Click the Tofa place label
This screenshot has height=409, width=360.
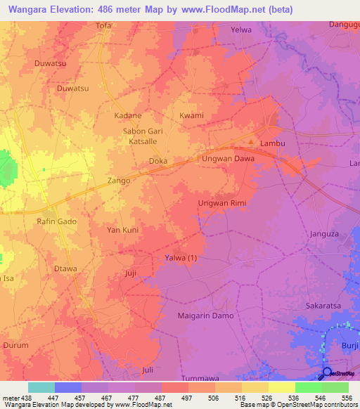[x=103, y=26]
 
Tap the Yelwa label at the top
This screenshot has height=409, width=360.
[x=241, y=30]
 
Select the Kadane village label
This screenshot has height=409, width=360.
[x=128, y=115]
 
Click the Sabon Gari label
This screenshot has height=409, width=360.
[x=143, y=131]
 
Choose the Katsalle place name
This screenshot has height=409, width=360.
[x=143, y=141]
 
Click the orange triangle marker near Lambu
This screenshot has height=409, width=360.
[x=251, y=143]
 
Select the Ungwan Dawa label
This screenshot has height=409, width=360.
[x=229, y=159]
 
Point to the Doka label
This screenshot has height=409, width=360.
[x=157, y=161]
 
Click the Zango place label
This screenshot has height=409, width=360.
[x=119, y=181]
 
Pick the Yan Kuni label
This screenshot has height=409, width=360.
[x=122, y=230]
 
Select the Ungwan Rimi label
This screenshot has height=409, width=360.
[x=219, y=204]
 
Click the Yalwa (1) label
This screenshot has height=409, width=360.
[x=181, y=257]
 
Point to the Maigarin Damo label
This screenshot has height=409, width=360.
[x=205, y=316]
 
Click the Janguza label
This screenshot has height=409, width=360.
[x=324, y=234]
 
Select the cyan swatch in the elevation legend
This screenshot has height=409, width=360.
[x=41, y=387]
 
